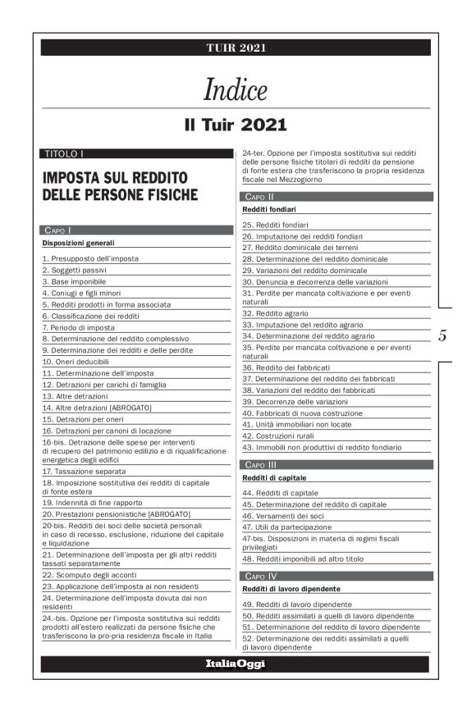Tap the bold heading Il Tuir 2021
click(x=236, y=125)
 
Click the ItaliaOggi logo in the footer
click(x=236, y=664)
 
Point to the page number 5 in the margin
click(x=443, y=335)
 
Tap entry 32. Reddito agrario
click(x=277, y=313)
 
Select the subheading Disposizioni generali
click(x=79, y=244)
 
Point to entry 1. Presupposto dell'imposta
click(x=90, y=258)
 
